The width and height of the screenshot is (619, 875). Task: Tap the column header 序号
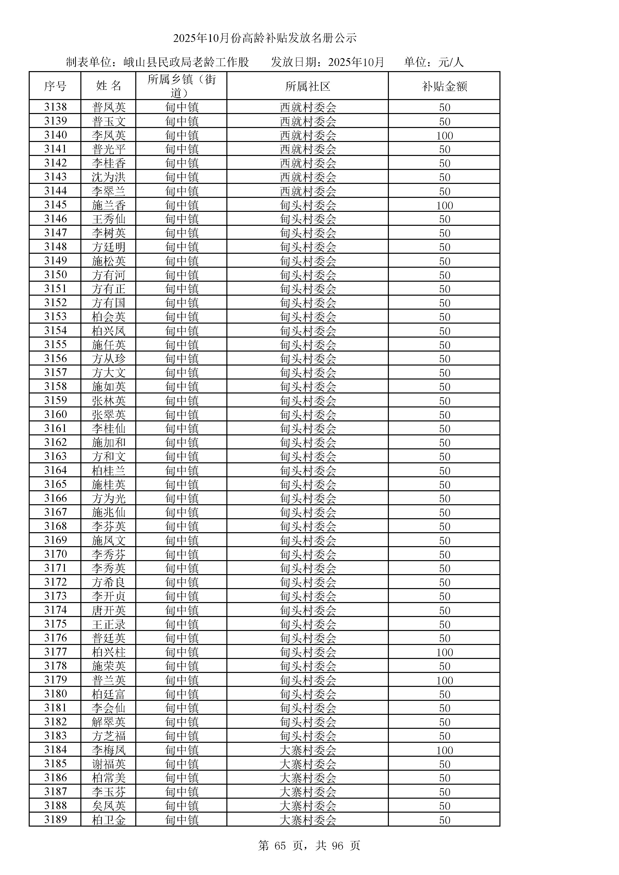pos(55,86)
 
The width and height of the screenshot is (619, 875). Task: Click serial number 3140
pos(55,135)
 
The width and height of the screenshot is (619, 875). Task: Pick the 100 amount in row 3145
pos(445,205)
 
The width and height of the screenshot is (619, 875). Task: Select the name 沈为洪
pos(109,177)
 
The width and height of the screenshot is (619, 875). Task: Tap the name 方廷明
pos(109,247)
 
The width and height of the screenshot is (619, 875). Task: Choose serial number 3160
pos(55,414)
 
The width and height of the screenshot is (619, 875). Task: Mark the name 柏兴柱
pos(109,652)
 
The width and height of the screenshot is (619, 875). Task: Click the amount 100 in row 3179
pos(445,680)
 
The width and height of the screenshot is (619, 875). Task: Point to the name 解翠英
pos(109,722)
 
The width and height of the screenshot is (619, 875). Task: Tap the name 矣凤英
pos(109,806)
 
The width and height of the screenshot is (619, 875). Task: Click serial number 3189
pos(55,819)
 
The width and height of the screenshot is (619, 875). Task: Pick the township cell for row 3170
pos(182,554)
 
